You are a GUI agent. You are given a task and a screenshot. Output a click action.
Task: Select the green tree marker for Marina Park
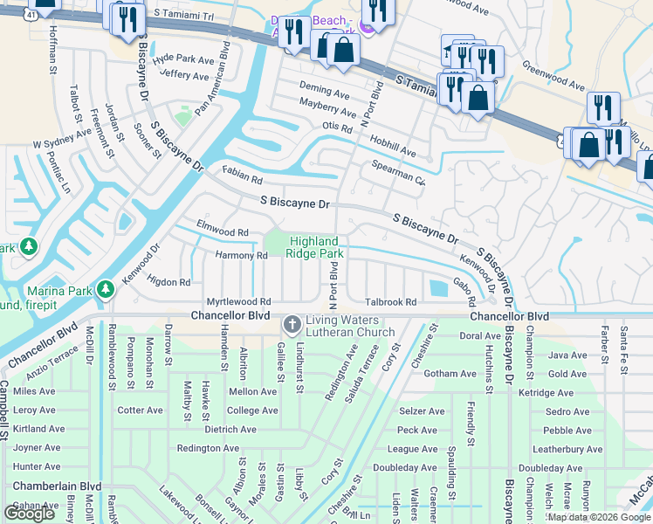tap(106, 288)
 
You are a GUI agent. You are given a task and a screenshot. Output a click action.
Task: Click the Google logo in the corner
tap(29, 513)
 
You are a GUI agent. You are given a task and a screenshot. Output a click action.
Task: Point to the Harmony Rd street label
tap(242, 256)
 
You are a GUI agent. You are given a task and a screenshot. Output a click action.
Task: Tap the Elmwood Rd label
tap(224, 232)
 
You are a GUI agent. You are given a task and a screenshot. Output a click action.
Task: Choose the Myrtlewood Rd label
tap(239, 301)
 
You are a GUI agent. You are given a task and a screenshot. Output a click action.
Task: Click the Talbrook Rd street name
tap(390, 301)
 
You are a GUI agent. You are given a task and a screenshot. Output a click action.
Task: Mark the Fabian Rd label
tap(243, 179)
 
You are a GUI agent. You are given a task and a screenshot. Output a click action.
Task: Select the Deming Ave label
tap(324, 90)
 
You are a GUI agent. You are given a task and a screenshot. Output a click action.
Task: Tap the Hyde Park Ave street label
tap(182, 60)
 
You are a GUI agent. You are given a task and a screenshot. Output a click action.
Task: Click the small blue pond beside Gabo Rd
tap(436, 287)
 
